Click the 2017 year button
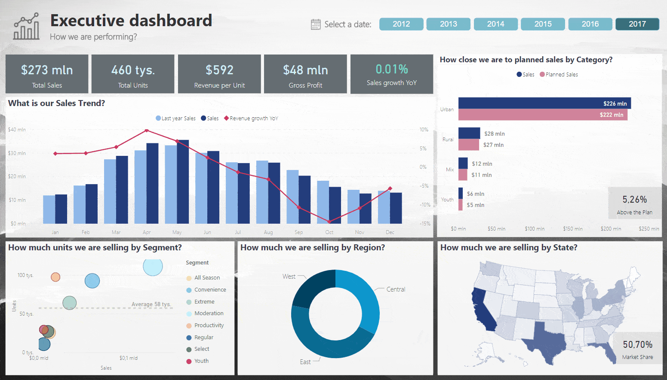637,24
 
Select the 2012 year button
401,24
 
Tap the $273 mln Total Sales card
47,74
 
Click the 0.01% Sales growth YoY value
391,69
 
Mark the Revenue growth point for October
329,222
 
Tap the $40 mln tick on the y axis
17,130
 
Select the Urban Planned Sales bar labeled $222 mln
542,115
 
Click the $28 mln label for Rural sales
494,134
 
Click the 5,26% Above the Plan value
634,200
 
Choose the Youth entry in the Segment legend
201,361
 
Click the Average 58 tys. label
151,304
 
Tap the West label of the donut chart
289,277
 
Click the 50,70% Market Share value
637,345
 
